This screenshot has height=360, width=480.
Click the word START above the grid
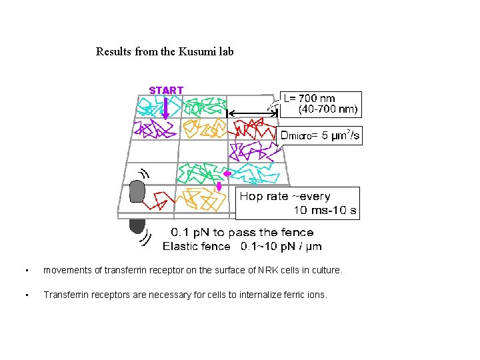point(166,90)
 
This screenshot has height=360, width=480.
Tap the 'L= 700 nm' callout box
point(321,103)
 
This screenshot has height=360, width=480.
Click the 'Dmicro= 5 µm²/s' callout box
point(321,137)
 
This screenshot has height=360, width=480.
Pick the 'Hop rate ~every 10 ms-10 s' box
point(299,203)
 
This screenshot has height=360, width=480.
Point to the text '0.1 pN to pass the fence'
point(242,233)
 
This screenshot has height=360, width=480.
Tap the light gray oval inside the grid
point(137,191)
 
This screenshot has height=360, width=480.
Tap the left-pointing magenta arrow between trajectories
point(227,174)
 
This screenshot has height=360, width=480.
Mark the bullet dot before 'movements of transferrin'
point(25,271)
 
